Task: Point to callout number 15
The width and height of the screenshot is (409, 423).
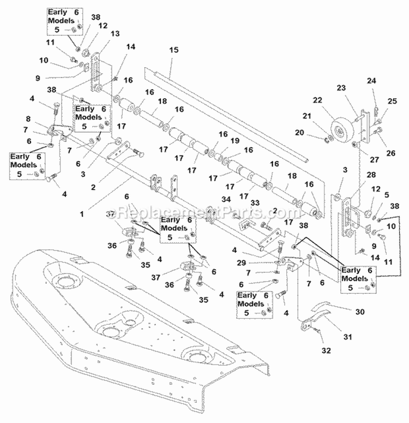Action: pos(174,50)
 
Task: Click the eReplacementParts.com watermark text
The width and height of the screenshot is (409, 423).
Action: pos(204,211)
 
